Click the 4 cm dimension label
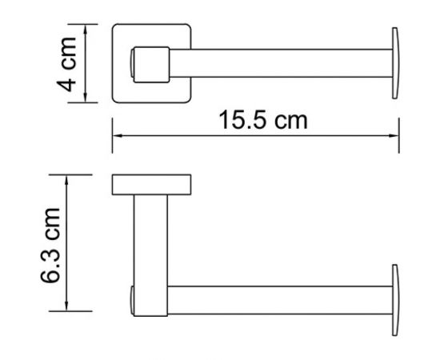(66, 64)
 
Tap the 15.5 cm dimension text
(263, 120)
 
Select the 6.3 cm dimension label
(50, 245)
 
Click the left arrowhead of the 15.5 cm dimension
(117, 136)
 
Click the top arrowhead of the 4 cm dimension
(86, 29)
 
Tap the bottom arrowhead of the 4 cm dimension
(86, 98)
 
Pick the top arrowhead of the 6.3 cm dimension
(66, 179)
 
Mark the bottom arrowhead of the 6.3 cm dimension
(66, 306)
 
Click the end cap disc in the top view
(395, 63)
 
